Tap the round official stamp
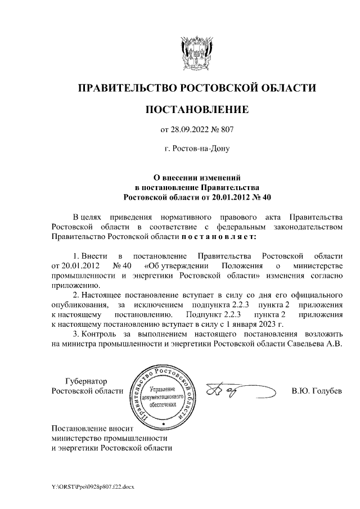pyautogui.click(x=161, y=391)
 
